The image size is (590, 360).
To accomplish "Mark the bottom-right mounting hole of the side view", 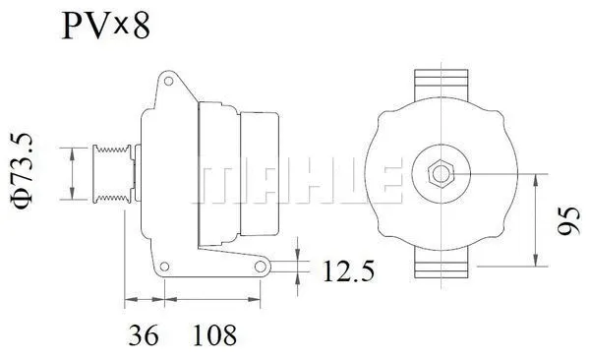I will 260,266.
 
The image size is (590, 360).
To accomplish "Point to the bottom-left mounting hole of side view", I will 164,265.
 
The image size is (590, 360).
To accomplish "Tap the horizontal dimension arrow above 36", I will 144,299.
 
